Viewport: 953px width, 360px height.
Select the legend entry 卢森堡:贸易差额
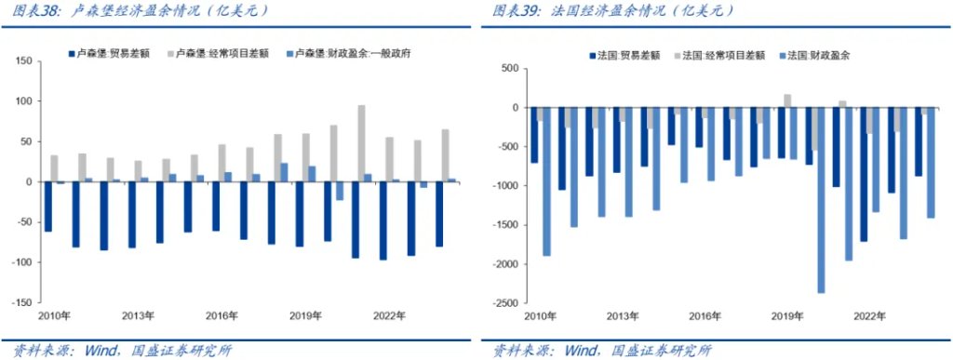(x=103, y=54)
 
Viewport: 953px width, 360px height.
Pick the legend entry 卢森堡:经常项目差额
(x=208, y=54)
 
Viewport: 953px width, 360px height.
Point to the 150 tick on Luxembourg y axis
(x=24, y=61)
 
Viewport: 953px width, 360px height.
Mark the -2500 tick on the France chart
(x=504, y=303)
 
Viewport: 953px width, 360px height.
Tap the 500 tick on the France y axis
(x=508, y=69)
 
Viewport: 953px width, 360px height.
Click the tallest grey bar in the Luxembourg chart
(x=361, y=143)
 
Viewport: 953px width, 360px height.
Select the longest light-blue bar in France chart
(x=821, y=200)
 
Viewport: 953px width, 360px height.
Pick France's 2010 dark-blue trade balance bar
(x=534, y=135)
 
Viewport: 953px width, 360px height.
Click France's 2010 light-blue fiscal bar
(x=546, y=181)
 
